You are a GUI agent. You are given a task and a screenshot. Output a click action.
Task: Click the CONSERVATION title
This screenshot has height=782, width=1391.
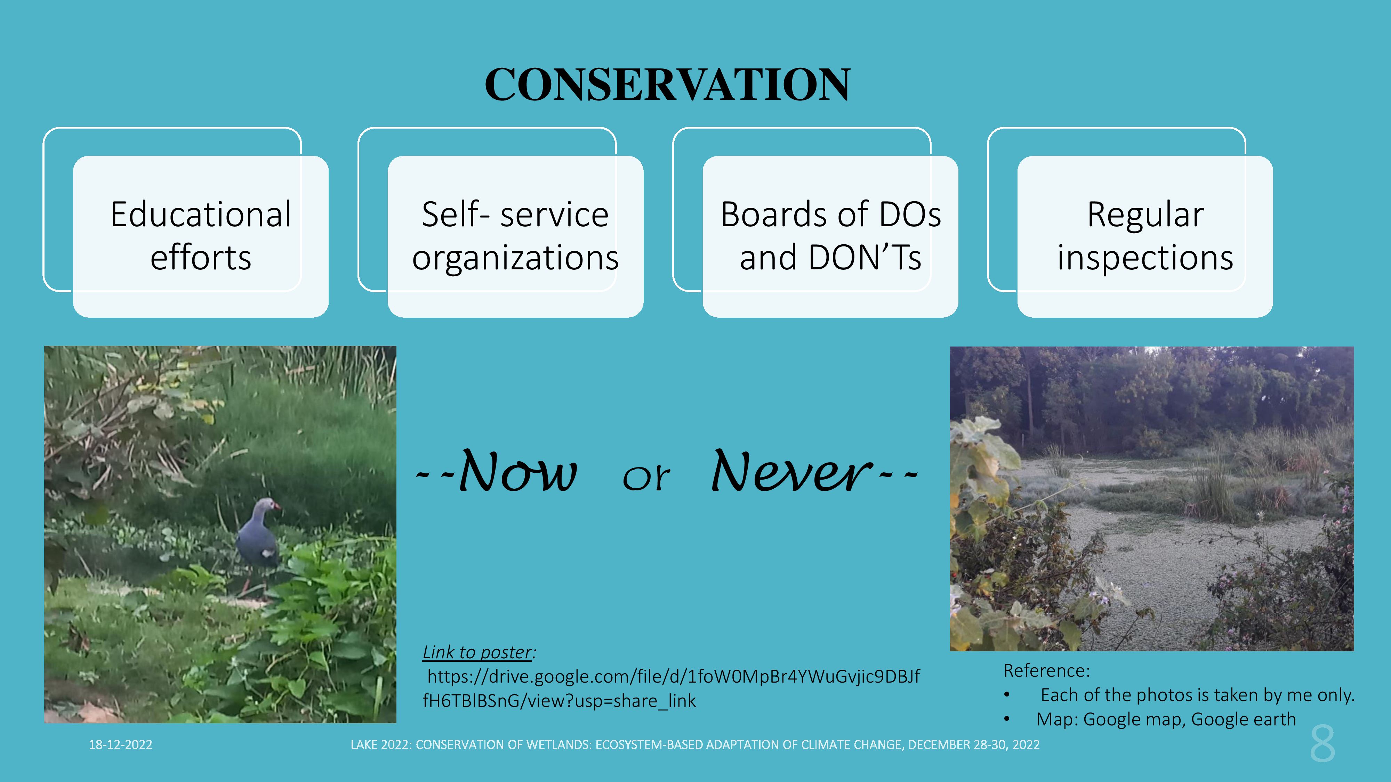click(667, 85)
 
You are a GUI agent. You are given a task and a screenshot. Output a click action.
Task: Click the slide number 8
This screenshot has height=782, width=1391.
click(1322, 744)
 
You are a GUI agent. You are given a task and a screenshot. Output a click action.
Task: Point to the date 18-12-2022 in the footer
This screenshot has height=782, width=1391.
click(120, 745)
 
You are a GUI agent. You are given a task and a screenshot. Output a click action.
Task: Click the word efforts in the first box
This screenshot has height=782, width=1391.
click(201, 258)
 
